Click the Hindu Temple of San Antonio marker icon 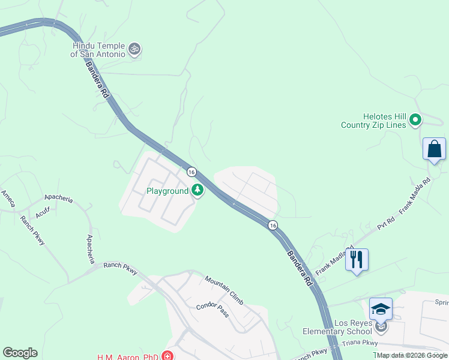click(135, 49)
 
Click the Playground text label click(168, 191)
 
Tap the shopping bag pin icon click(434, 149)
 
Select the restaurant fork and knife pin click(357, 259)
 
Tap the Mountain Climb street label click(224, 289)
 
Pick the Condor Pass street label click(212, 310)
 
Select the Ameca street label click(8, 199)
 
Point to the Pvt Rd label click(385, 224)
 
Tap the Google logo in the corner click(20, 353)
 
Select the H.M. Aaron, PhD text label click(127, 357)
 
